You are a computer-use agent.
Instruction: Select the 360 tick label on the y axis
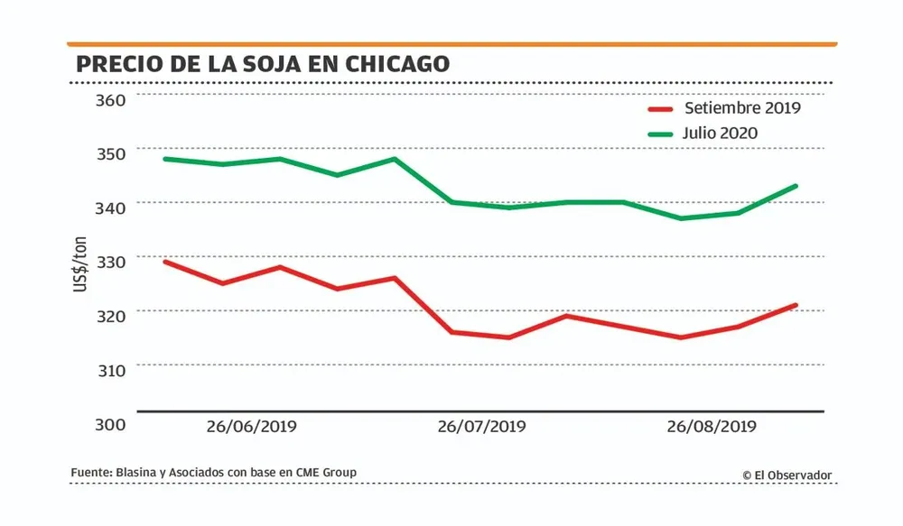110,99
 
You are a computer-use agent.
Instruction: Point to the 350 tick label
110,153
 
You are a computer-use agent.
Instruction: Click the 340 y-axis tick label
110,208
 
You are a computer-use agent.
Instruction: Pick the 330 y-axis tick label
110,262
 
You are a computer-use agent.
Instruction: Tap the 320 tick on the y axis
110,315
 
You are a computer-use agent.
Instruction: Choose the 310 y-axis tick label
110,369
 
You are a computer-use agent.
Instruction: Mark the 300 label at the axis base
110,424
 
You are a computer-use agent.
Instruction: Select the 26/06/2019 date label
250,426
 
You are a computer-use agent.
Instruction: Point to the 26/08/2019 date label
711,426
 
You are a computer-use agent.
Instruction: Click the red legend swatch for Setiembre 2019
662,109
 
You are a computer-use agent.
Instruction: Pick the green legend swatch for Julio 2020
662,134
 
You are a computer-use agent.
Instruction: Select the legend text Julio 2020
721,134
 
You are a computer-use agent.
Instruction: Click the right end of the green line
796,186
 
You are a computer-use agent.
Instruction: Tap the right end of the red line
796,305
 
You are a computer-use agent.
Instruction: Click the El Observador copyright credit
787,475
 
